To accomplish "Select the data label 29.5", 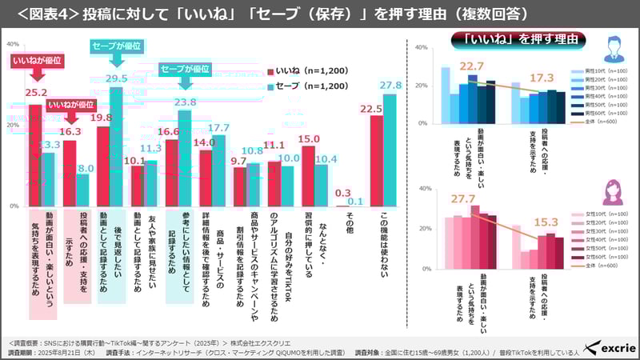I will click(117, 78).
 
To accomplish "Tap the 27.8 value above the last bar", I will click(390, 85).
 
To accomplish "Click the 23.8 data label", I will click(185, 102).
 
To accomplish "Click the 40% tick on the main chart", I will click(12, 44).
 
